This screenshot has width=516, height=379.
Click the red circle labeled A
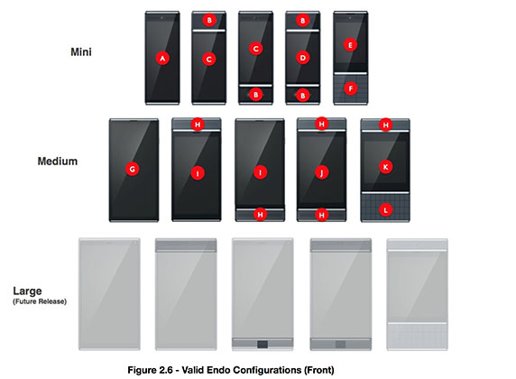(162, 59)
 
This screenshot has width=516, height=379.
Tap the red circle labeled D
(303, 58)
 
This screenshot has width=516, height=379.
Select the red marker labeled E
(350, 45)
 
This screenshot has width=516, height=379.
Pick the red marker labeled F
(351, 88)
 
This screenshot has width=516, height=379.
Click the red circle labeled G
(133, 169)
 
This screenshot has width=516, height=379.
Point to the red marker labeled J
(321, 171)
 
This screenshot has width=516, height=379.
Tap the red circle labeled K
(385, 167)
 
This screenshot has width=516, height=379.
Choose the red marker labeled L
(385, 209)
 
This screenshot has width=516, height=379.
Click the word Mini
(81, 52)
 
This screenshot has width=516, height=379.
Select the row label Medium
(58, 162)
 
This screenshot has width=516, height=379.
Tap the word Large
(27, 291)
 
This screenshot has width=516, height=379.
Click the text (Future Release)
(40, 301)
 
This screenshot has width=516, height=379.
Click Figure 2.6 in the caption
(150, 370)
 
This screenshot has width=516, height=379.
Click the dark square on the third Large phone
(263, 345)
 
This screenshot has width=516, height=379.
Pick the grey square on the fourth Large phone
(340, 345)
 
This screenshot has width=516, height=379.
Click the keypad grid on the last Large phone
(417, 336)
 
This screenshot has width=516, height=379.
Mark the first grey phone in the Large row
(109, 293)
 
